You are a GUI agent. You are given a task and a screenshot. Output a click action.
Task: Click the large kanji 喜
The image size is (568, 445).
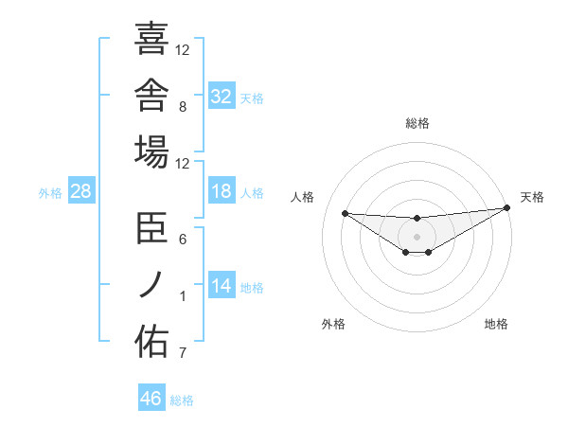(x=151, y=38)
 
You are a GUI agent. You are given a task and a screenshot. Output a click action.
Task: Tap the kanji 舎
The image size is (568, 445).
(x=151, y=95)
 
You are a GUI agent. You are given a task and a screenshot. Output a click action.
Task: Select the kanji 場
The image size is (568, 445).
(x=151, y=151)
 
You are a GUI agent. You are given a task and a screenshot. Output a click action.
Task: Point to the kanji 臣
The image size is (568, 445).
(x=151, y=227)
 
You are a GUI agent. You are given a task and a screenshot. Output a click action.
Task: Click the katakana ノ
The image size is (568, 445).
(x=151, y=284)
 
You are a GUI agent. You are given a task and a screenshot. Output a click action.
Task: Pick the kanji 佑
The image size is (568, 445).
(x=151, y=341)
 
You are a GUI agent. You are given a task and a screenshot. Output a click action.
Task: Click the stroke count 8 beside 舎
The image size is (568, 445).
(x=183, y=107)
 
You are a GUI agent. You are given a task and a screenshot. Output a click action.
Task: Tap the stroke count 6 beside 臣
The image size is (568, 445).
(x=183, y=240)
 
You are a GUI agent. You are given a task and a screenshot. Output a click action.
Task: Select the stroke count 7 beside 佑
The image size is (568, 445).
(x=183, y=352)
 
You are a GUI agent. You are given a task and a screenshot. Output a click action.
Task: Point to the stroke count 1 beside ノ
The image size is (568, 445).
(x=183, y=296)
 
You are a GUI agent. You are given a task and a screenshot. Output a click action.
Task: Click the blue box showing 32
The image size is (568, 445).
(x=222, y=95)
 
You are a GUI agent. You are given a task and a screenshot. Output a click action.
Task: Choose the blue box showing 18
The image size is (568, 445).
(x=222, y=190)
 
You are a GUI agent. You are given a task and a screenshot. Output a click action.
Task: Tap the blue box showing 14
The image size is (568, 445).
(x=222, y=284)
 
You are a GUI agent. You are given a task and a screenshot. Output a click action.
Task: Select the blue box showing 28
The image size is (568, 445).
(x=81, y=190)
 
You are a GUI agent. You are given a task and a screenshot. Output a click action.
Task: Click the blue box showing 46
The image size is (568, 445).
(x=151, y=397)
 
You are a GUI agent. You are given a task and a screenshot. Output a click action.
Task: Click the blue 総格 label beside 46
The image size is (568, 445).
(x=182, y=400)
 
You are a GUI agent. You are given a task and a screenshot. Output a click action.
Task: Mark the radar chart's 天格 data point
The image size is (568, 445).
(x=507, y=207)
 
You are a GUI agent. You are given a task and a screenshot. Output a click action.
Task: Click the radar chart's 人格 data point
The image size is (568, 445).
(x=346, y=213)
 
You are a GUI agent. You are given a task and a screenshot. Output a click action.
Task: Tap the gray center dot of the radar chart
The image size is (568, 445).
(x=417, y=237)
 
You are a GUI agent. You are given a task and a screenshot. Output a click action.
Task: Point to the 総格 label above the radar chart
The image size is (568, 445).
(x=417, y=123)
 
